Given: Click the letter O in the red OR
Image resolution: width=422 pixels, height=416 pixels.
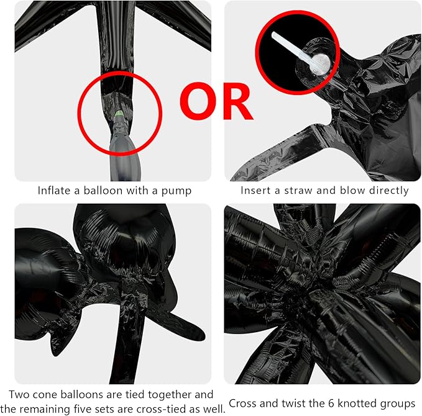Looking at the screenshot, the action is [198, 101].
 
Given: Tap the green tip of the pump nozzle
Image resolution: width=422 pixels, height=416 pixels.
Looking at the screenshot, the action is [119, 114].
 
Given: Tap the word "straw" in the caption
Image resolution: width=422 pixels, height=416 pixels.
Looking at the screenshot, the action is [298, 191].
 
